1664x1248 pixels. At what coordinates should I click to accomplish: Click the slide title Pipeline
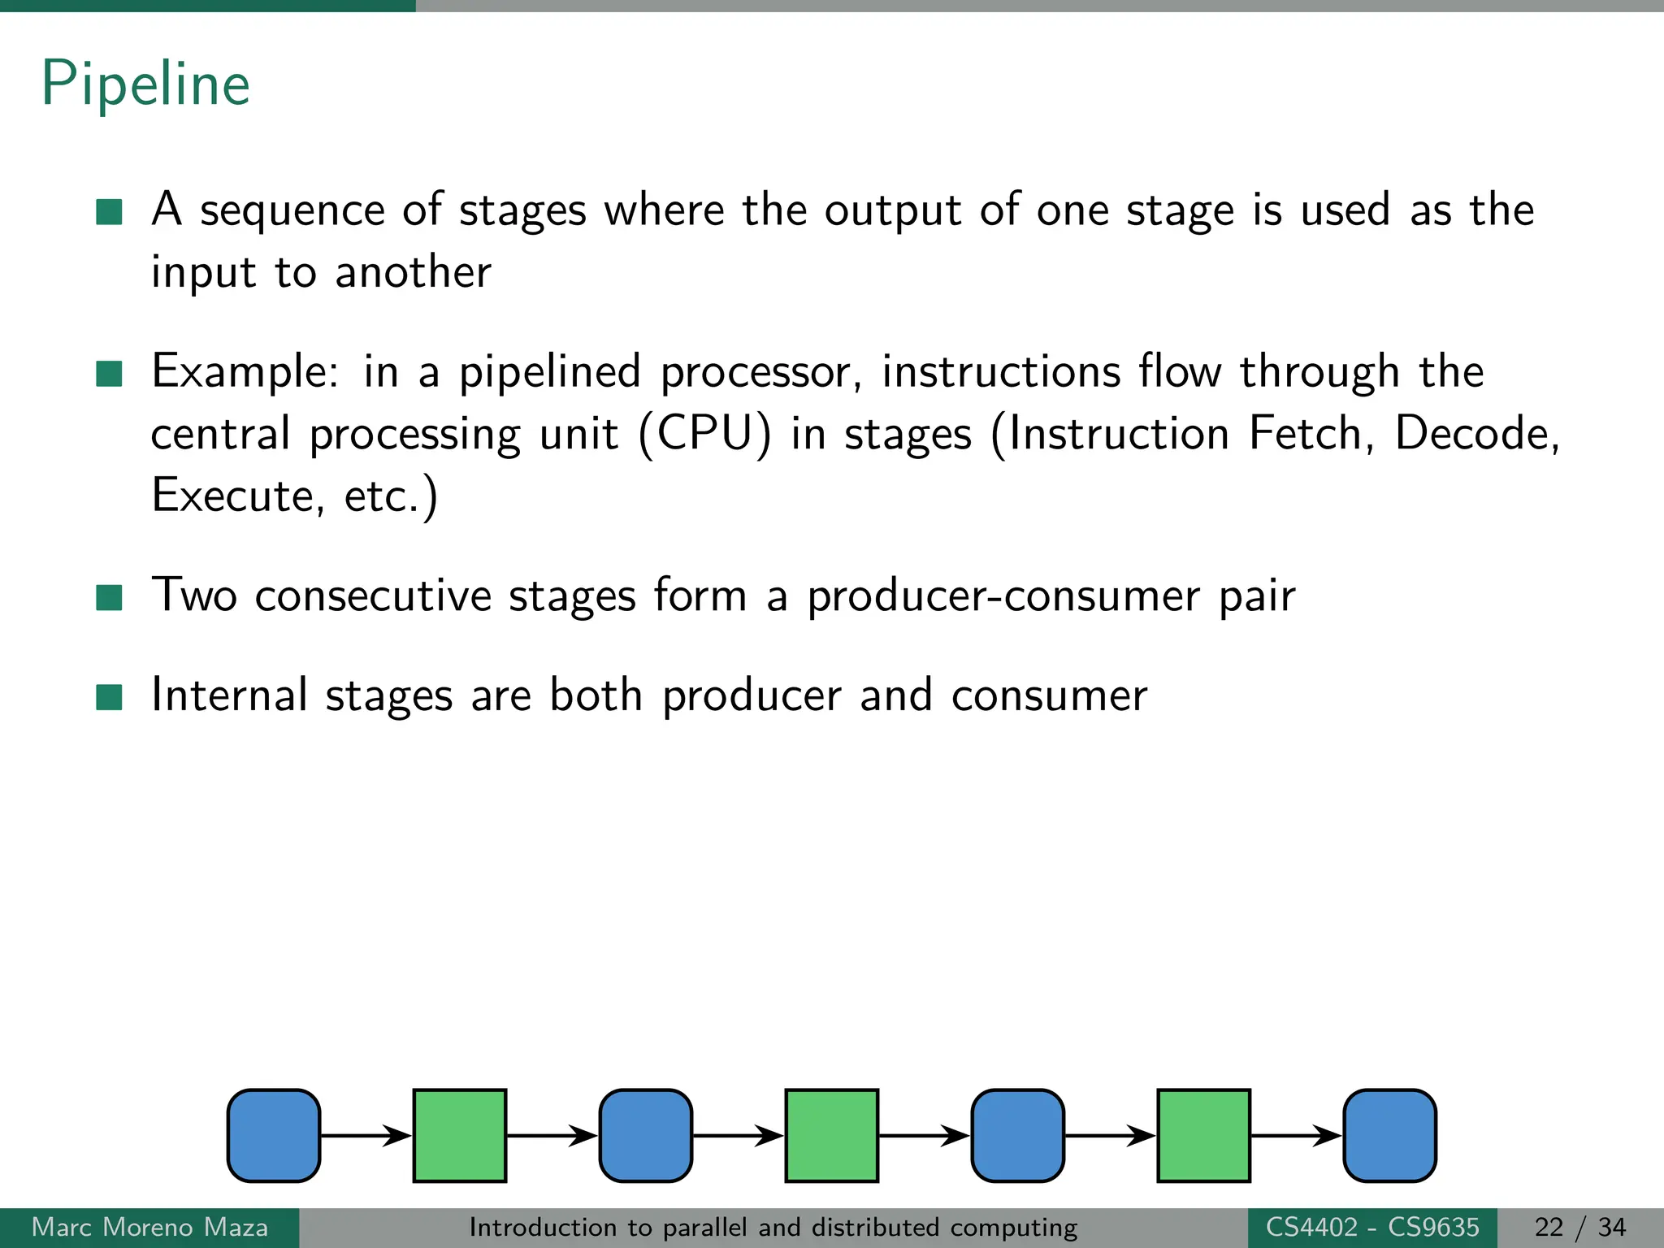[x=145, y=84]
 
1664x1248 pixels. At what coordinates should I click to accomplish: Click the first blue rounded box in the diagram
[x=274, y=1135]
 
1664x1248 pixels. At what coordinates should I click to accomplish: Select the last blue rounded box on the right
[x=1389, y=1135]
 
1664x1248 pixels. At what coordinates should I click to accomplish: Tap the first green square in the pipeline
[x=460, y=1135]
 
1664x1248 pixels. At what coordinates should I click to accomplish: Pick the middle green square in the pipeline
[x=831, y=1135]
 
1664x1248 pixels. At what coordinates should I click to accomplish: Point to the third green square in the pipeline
[x=1203, y=1135]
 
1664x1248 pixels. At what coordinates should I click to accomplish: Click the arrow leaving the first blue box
[x=366, y=1135]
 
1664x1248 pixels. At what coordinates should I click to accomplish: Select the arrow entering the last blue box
[x=1297, y=1135]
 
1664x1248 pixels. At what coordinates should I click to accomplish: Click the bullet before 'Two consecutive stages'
[x=109, y=597]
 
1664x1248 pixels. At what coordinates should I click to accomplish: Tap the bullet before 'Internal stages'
[x=109, y=697]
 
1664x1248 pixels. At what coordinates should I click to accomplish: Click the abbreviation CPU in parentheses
[x=704, y=434]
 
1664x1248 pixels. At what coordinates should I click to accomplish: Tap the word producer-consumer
[x=1003, y=597]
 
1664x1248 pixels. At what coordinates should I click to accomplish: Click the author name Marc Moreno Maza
[x=149, y=1227]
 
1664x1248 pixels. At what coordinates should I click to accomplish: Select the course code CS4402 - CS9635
[x=1372, y=1227]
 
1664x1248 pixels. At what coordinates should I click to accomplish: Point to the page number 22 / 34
[x=1579, y=1227]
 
